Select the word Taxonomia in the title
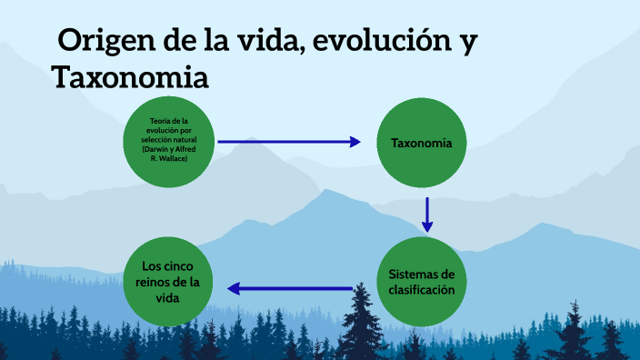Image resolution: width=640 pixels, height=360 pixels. [131, 77]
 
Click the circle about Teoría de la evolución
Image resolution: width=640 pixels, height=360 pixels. [169, 141]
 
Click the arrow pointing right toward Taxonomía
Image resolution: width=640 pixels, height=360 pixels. [291, 142]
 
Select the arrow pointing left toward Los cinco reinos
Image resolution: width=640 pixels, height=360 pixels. [291, 289]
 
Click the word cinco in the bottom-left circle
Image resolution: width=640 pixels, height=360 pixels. [189, 265]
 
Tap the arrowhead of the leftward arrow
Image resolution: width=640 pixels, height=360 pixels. [234, 289]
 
